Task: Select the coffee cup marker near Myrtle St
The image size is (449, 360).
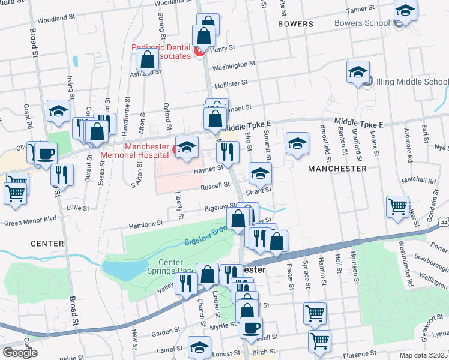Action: click(x=251, y=327)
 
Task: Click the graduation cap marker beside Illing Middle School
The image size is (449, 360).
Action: click(x=358, y=73)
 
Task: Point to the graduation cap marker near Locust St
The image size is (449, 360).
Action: click(x=199, y=347)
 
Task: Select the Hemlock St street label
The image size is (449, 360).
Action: click(x=147, y=223)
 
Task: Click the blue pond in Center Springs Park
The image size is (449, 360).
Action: click(x=122, y=271)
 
